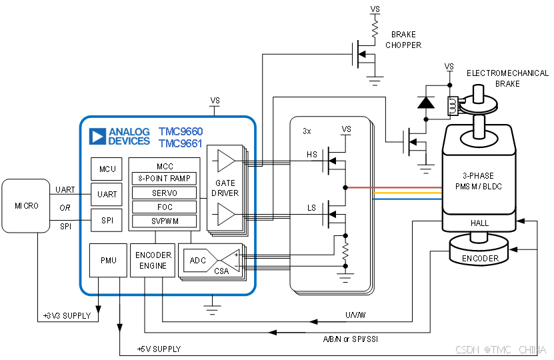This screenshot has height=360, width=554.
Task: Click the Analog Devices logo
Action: point(120,136)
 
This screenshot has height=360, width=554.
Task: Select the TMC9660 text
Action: point(181,131)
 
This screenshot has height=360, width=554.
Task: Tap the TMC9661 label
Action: point(181,143)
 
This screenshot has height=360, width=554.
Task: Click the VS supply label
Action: point(347,129)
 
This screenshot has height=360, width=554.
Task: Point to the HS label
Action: point(312,155)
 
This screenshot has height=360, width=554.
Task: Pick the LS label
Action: point(311,208)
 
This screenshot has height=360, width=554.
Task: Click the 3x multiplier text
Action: point(307,131)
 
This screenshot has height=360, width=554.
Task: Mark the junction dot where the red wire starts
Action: point(345,187)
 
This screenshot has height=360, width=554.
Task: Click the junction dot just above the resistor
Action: point(345,235)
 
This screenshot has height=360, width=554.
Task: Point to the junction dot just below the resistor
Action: point(345,265)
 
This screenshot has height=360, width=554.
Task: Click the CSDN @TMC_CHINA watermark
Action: point(500,349)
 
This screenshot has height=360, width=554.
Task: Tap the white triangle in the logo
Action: point(97,137)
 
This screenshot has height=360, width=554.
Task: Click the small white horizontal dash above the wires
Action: point(461,101)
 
